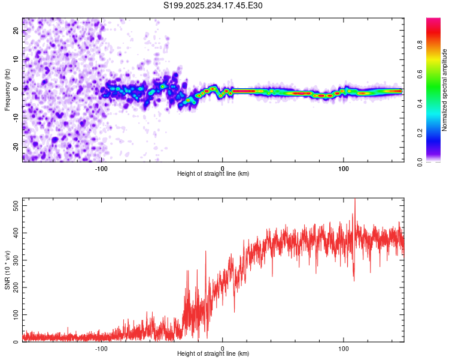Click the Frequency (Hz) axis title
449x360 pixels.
pyautogui.click(x=7, y=89)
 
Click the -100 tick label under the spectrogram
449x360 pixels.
pyautogui.click(x=101, y=168)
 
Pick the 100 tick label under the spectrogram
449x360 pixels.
pyautogui.click(x=344, y=168)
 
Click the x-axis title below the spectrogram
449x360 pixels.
pyautogui.click(x=213, y=174)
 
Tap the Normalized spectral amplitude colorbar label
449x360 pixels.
pyautogui.click(x=445, y=90)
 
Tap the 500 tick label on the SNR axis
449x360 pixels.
pyautogui.click(x=15, y=205)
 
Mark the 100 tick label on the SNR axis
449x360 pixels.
pyautogui.click(x=15, y=314)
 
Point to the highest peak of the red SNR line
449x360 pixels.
pyautogui.click(x=354, y=199)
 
